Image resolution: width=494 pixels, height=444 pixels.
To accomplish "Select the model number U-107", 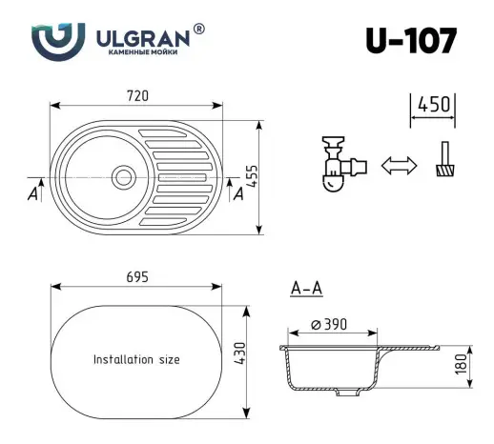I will [410, 41].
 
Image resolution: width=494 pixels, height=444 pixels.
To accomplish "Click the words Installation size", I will [136, 360].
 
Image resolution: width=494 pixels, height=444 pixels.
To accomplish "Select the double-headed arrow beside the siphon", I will [400, 166].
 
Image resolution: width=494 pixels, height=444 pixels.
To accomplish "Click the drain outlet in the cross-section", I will [352, 391].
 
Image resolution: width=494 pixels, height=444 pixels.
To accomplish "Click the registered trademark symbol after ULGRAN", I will [198, 30].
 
